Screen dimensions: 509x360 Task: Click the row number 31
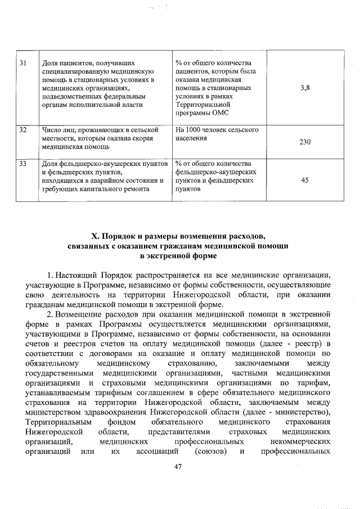(x=23, y=62)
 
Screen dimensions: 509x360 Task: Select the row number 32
(x=23, y=130)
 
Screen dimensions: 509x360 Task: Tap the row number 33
(x=23, y=164)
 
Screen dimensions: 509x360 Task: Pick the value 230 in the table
(x=305, y=142)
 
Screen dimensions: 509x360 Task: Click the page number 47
(x=179, y=466)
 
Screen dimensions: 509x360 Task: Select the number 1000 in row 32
(x=196, y=130)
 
